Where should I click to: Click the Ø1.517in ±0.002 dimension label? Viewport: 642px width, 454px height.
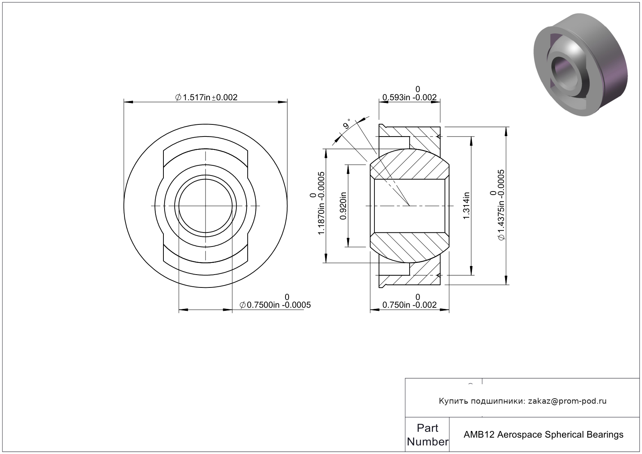(206, 98)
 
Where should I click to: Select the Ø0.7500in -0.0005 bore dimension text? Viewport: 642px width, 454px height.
(275, 305)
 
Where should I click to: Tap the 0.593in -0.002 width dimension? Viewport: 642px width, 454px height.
(410, 98)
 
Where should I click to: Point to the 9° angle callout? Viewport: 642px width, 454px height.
(347, 124)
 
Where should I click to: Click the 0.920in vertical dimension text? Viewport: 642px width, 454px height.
(343, 206)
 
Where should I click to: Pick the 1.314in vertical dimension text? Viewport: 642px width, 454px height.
(466, 206)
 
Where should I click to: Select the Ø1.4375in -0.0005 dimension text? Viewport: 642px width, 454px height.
(501, 205)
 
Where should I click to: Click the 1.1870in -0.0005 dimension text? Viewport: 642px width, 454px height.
(321, 203)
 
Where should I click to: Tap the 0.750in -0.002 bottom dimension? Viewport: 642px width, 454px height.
(410, 305)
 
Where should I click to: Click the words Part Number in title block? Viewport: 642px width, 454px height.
(427, 434)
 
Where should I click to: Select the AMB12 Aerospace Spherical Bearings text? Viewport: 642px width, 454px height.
(543, 434)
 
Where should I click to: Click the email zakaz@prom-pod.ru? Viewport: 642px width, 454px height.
(567, 401)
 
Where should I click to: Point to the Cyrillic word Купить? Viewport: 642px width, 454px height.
(453, 401)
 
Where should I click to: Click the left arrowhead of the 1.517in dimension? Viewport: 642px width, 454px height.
(128, 102)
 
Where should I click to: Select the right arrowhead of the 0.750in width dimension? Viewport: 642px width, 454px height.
(444, 310)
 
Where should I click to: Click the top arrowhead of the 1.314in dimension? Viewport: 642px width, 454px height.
(472, 141)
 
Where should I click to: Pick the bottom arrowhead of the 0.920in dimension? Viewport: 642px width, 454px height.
(348, 242)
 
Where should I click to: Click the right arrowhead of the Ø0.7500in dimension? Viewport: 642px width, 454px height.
(227, 310)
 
